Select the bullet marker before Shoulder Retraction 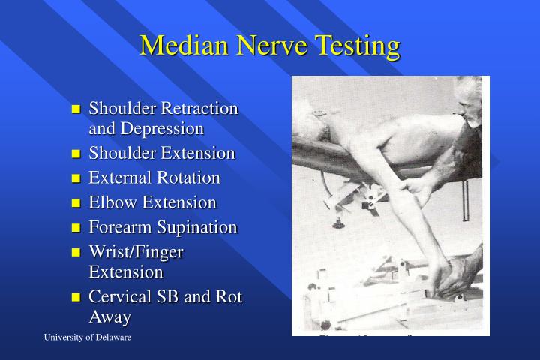coord(76,109)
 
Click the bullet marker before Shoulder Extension coord(76,154)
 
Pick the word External coord(119,178)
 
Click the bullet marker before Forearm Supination coord(76,228)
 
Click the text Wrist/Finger coord(136,252)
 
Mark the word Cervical coord(121,296)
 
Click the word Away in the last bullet coord(109,316)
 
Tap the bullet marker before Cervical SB coord(76,298)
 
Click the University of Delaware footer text coord(87,338)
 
